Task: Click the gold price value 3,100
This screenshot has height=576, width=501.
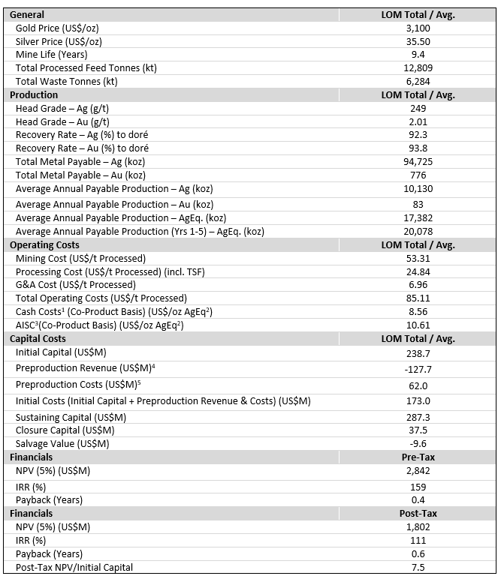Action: coord(418,28)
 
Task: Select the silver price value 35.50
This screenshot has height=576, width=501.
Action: coord(418,41)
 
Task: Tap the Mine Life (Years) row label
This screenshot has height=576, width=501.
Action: coord(52,55)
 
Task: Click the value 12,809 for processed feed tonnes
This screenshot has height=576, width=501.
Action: coord(418,68)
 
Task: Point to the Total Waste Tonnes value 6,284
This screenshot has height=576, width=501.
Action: coord(418,82)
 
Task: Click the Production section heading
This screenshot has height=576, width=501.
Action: coord(34,95)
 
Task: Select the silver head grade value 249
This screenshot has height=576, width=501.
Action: coord(418,109)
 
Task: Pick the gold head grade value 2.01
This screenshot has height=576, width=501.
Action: coord(418,121)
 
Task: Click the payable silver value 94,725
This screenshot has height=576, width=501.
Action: coord(418,162)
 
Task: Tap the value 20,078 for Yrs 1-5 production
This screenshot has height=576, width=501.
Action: coord(418,231)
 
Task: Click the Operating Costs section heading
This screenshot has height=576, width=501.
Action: coord(44,244)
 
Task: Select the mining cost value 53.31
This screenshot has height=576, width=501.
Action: coord(418,258)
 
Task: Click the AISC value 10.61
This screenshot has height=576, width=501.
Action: coord(418,325)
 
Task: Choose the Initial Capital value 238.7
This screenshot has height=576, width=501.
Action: coord(418,352)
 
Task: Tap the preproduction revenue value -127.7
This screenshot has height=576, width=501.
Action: coord(418,368)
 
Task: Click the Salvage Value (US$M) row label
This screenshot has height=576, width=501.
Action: coord(62,443)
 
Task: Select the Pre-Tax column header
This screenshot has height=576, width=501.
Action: coord(418,457)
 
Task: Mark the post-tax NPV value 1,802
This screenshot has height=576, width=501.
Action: coord(418,526)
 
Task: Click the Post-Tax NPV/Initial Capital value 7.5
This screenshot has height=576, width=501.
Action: coord(418,567)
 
